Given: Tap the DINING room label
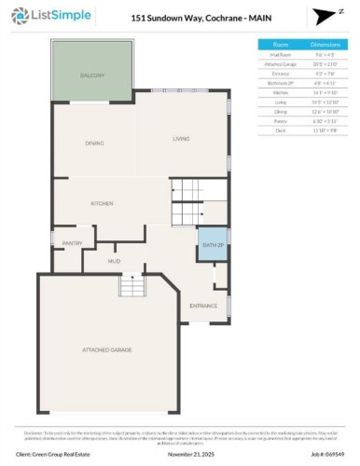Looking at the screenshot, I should click(93, 143).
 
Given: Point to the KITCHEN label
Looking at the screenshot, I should click(102, 202).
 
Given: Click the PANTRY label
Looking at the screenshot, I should click(72, 243).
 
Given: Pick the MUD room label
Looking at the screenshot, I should click(115, 262).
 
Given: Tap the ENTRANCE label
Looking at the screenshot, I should click(203, 305).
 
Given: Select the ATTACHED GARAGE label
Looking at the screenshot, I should click(107, 349).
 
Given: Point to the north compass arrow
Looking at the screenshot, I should click(322, 18).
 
